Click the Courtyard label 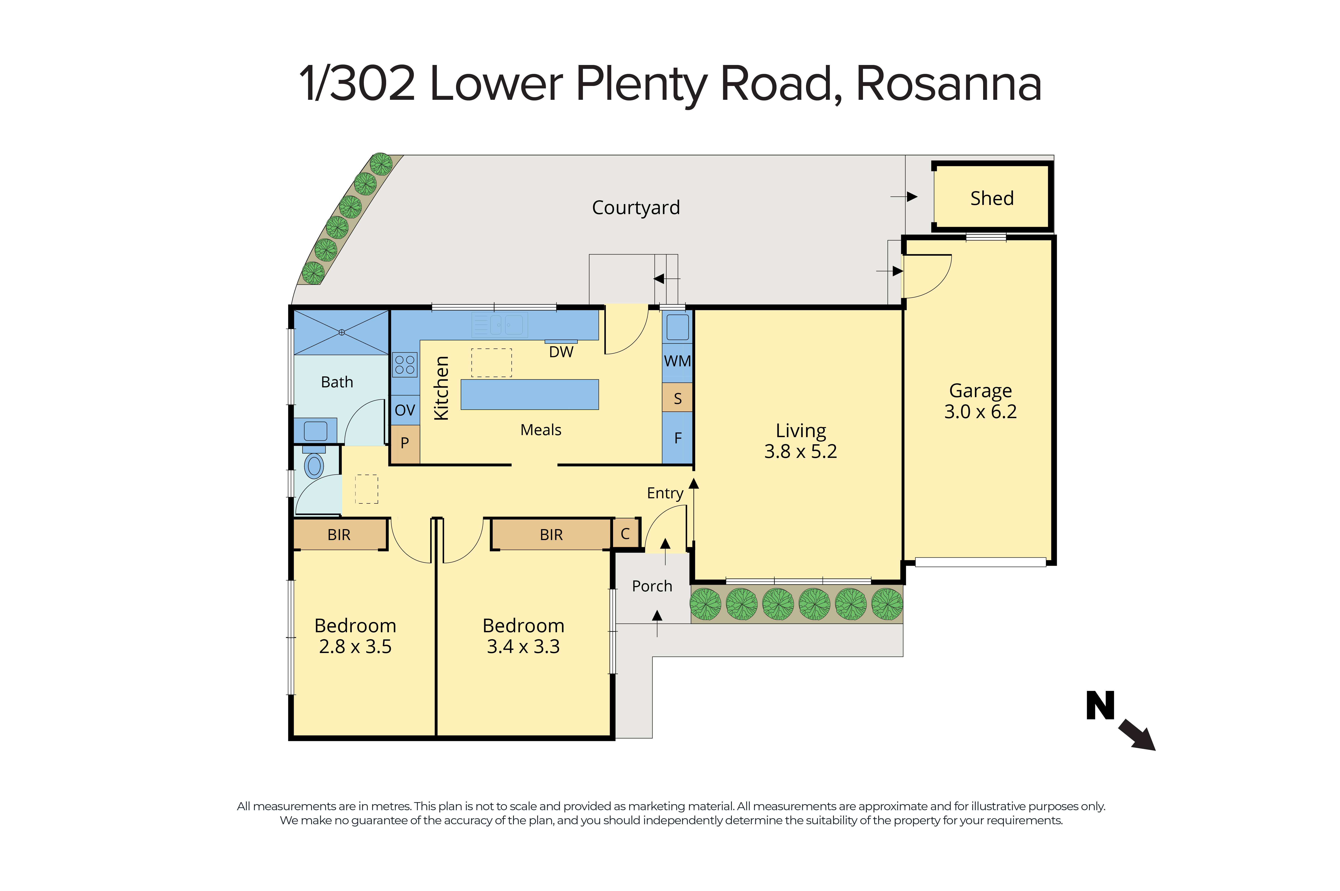635,207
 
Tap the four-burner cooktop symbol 405,365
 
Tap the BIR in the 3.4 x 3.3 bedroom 551,535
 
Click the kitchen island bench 529,394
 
